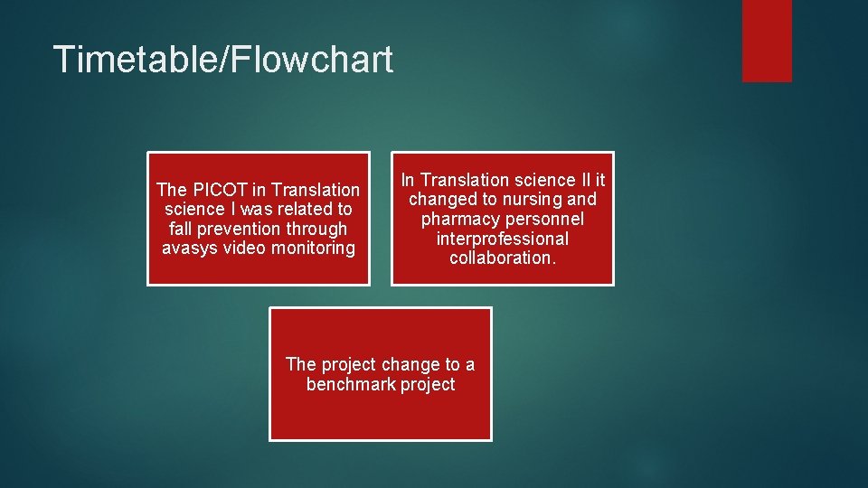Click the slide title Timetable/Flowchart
(x=223, y=60)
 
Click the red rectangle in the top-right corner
(x=767, y=40)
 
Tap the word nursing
(x=533, y=200)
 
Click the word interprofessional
(x=502, y=239)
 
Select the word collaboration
(x=500, y=258)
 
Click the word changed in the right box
(x=440, y=200)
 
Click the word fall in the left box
(x=182, y=229)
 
